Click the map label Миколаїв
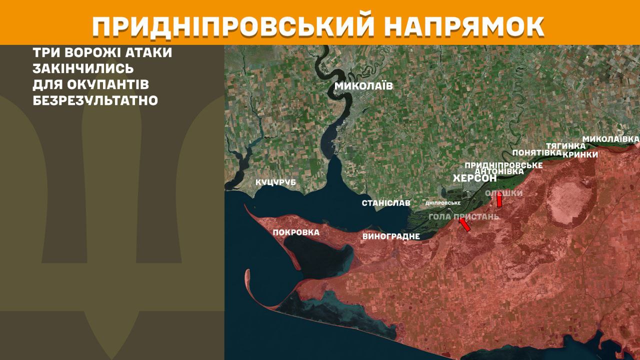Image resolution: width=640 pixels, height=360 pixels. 363,86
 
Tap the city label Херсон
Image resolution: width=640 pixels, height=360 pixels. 474,178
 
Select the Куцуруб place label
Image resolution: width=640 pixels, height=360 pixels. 275,182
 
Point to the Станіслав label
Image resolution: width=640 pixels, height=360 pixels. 386,203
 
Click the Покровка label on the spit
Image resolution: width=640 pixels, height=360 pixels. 296,232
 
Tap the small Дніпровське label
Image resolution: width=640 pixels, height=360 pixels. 442,203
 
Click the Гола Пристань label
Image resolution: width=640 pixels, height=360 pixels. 463,216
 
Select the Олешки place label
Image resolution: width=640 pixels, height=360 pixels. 504,193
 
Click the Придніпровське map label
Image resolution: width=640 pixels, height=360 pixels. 503,165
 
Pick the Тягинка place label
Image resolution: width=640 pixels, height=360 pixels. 565,146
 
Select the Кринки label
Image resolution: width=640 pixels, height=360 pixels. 580,154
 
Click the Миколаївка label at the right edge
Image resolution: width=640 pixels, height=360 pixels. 611,138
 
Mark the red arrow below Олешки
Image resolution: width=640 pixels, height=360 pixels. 499,200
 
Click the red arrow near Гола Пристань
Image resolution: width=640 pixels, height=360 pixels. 464,225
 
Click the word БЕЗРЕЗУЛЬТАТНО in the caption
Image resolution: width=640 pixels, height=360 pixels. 95,100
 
